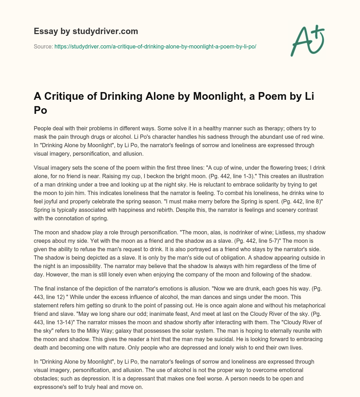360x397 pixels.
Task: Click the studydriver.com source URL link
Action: [x=155, y=46]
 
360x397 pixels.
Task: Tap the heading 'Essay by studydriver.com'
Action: [x=86, y=31]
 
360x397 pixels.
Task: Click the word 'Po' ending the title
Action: [x=40, y=110]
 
